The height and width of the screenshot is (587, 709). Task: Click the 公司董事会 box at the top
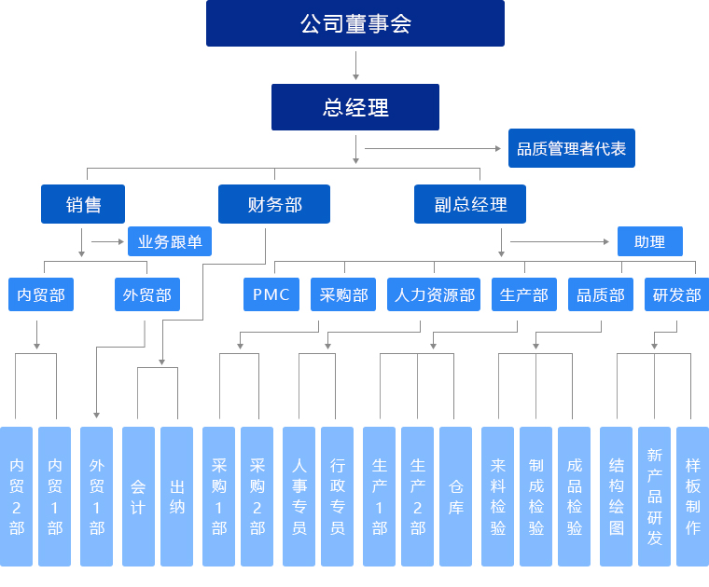(354, 23)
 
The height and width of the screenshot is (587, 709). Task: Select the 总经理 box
(354, 107)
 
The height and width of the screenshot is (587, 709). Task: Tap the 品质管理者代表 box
(571, 148)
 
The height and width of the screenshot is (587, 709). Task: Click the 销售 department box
(83, 204)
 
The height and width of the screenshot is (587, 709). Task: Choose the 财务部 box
(274, 204)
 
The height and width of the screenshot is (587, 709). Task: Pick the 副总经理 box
(470, 204)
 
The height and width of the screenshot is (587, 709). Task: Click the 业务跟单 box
(170, 241)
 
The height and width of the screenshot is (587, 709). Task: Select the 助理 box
(649, 241)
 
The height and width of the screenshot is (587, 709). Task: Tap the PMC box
(271, 294)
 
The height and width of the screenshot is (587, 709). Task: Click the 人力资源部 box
(434, 294)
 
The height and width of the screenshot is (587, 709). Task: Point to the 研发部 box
(676, 294)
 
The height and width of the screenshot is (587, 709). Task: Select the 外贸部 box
(146, 294)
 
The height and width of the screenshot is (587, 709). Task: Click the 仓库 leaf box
(455, 496)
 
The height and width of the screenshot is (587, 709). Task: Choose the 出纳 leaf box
(176, 496)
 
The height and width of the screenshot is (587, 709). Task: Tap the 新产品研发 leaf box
(654, 496)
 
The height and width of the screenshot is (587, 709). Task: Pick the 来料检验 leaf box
(497, 496)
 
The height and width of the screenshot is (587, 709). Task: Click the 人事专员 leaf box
(299, 496)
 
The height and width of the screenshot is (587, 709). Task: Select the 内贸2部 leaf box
(17, 496)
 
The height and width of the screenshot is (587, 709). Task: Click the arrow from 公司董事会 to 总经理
(355, 65)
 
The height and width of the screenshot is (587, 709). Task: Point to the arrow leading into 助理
(560, 242)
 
